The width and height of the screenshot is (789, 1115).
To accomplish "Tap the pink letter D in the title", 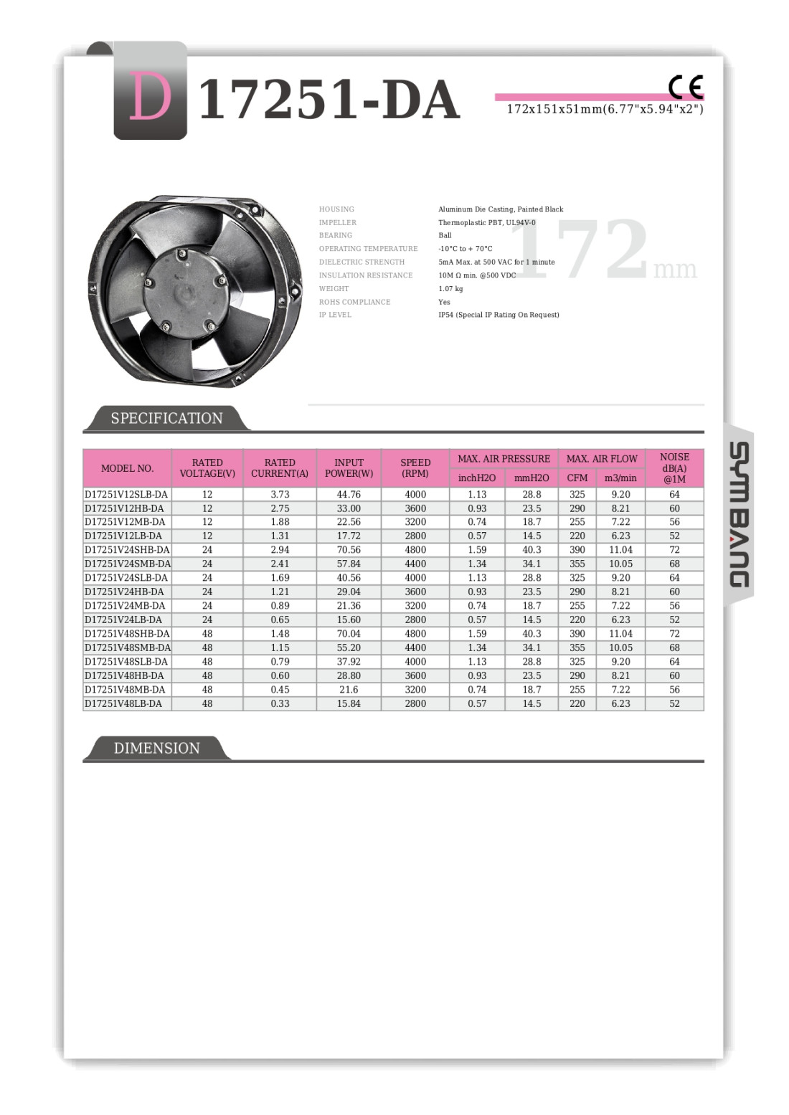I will pyautogui.click(x=150, y=98).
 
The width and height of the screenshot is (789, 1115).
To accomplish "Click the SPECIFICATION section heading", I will pyautogui.click(x=166, y=418).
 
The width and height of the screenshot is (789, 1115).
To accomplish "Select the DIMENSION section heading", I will pyautogui.click(x=156, y=748).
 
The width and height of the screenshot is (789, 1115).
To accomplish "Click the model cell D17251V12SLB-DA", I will pyautogui.click(x=126, y=494).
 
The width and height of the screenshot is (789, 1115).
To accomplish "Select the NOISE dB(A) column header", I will pyautogui.click(x=674, y=468).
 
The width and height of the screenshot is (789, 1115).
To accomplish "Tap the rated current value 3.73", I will pyautogui.click(x=280, y=494).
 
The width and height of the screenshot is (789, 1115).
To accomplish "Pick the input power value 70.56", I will pyautogui.click(x=349, y=550).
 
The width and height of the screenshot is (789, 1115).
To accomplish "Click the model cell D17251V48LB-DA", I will pyautogui.click(x=123, y=703).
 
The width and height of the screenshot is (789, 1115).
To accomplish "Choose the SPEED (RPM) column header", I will pyautogui.click(x=415, y=468).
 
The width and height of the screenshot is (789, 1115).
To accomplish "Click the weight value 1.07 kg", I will pyautogui.click(x=450, y=289).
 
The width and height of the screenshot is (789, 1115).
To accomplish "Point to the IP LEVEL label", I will pyautogui.click(x=335, y=315).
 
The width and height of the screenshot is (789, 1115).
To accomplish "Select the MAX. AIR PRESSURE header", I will pyautogui.click(x=504, y=458).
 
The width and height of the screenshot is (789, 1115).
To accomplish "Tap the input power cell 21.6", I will pyautogui.click(x=349, y=690).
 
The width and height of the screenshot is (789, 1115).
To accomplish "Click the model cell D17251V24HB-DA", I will pyautogui.click(x=124, y=592).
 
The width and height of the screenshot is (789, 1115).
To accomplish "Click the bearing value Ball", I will pyautogui.click(x=445, y=235).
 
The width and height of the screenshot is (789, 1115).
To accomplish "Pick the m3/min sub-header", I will pyautogui.click(x=620, y=478).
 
